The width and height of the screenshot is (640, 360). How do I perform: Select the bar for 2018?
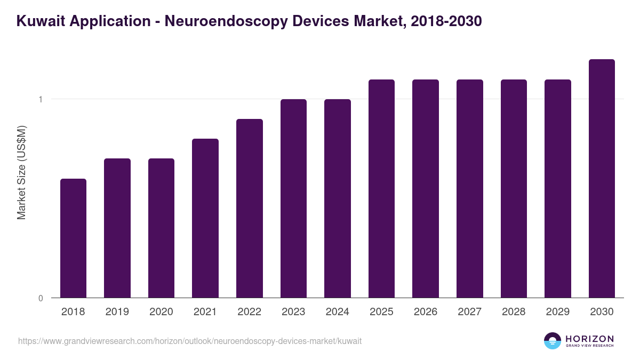73,238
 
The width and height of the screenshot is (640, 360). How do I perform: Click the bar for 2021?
205,218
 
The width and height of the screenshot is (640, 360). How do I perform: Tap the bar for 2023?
293,198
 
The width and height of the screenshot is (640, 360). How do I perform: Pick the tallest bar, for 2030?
602,178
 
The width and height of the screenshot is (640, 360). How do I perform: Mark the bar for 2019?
117,228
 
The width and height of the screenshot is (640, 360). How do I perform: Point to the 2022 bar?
250,208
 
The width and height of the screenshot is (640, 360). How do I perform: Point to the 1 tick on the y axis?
41,99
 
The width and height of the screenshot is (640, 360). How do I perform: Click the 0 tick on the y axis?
41,298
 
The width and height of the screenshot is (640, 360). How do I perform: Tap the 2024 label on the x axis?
338,312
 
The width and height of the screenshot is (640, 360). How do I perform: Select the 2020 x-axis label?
161,312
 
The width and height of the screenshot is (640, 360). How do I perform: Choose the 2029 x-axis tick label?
558,312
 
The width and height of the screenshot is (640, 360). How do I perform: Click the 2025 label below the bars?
381,312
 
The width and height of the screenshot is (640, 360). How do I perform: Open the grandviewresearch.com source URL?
190,341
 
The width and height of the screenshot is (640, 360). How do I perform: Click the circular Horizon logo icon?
553,341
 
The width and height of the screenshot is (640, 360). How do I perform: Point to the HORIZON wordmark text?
589,338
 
